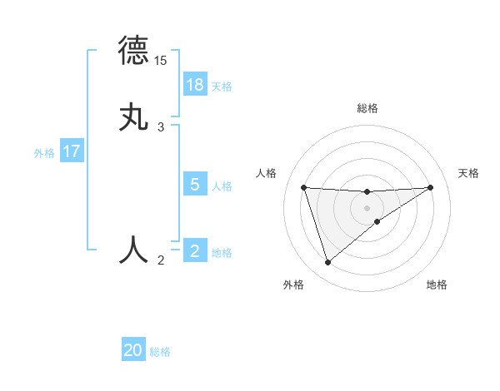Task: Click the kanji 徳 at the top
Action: coord(134,50)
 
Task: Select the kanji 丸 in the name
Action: coord(134,116)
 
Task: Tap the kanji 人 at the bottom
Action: coord(134,249)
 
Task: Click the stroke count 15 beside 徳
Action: coord(161,61)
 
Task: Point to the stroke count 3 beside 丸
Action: coord(161,127)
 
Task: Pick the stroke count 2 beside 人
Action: coord(161,260)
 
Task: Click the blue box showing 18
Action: coord(195,85)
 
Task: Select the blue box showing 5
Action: coord(195,185)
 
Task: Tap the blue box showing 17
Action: coord(72,152)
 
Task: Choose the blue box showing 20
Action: coord(133,351)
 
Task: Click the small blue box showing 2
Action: coord(195,251)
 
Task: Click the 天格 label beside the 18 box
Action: coord(222,87)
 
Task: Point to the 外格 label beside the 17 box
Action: coord(44,153)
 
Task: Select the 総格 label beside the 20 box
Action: coord(160,352)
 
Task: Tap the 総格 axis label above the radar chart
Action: coord(367,108)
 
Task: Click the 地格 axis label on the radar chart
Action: coord(437,285)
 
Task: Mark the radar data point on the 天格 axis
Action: coord(430,187)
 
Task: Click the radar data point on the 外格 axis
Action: coord(327,263)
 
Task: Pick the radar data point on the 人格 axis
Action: coord(304,187)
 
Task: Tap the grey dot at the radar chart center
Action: coord(367,207)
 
